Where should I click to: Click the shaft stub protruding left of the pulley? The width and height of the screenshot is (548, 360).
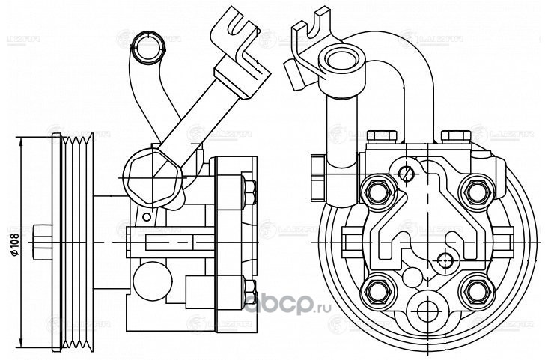[42, 239]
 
